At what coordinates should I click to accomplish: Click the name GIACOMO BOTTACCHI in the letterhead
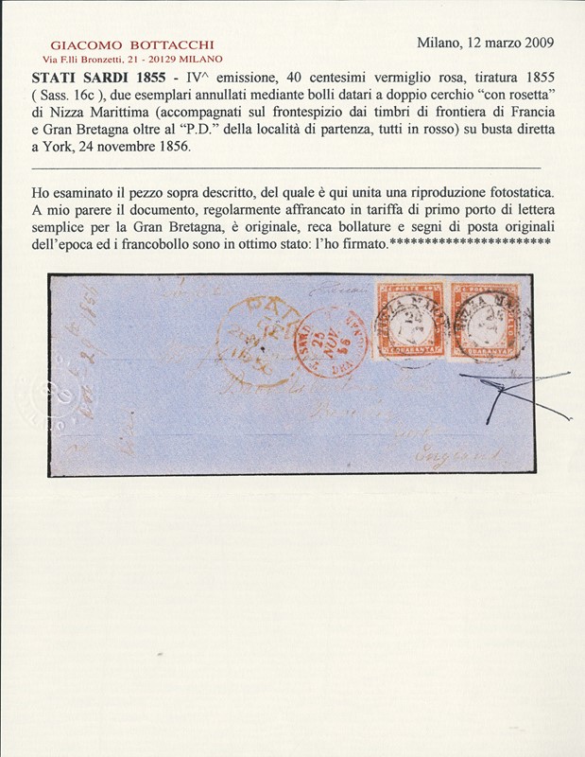point(132,44)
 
